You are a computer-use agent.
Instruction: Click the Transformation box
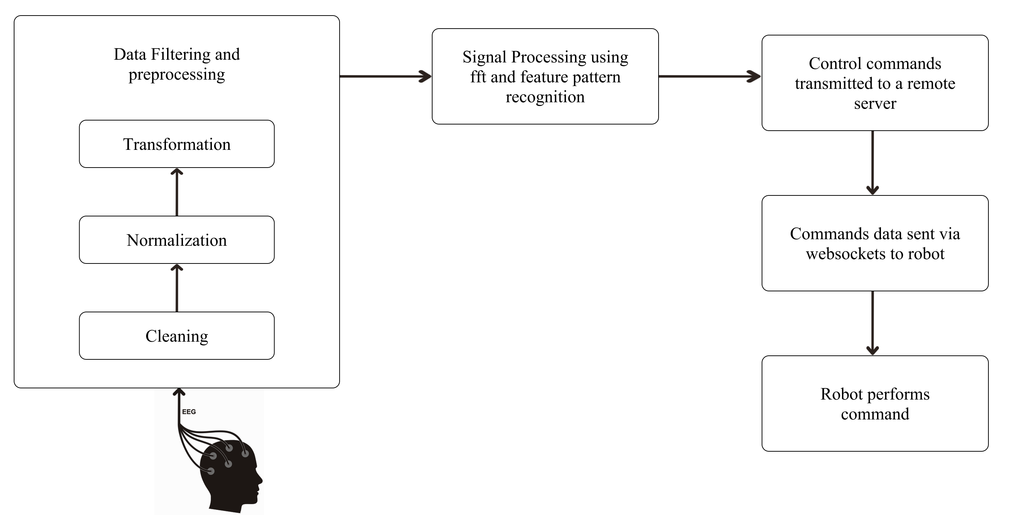point(176,144)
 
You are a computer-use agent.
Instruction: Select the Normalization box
point(176,240)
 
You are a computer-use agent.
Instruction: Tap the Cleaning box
point(176,335)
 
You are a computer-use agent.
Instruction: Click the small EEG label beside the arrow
point(189,411)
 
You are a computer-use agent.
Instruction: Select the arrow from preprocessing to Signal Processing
point(386,76)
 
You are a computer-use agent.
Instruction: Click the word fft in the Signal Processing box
point(478,77)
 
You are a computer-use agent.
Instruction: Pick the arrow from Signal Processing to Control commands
point(710,76)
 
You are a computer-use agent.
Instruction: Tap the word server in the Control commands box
point(875,104)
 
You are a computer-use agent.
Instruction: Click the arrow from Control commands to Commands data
point(873,163)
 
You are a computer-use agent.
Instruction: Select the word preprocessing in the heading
point(176,74)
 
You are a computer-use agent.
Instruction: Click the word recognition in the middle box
point(545,97)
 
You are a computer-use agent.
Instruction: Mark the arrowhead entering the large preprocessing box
point(179,392)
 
